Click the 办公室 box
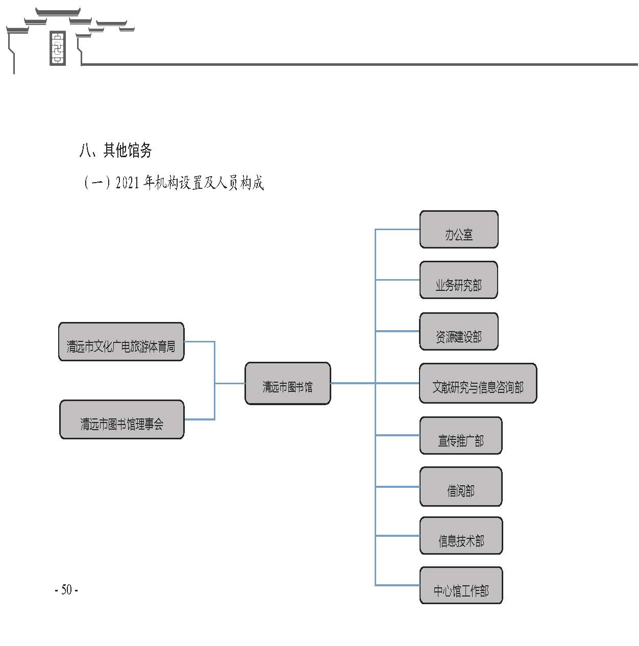458,229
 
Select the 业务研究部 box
458,280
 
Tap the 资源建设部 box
458,331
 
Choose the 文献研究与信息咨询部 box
478,383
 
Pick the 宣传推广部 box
461,435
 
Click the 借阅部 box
461,486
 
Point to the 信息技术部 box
461,536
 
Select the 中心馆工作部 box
461,585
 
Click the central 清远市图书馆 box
287,383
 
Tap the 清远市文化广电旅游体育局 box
121,341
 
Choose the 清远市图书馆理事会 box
122,419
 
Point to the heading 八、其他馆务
116,150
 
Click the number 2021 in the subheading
128,183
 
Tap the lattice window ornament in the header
57,48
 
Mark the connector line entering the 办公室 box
397,229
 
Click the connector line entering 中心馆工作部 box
397,585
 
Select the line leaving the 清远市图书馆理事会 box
200,419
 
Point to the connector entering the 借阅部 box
397,486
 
